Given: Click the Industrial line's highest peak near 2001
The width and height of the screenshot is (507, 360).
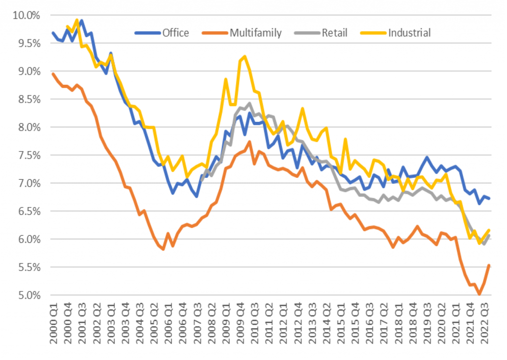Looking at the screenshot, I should click(77, 20).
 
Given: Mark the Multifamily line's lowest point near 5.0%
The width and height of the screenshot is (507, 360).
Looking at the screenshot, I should click(479, 295).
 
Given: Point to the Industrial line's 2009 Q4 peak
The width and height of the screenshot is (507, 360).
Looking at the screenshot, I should click(245, 56).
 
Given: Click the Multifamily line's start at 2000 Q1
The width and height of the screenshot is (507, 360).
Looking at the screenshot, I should click(53, 74).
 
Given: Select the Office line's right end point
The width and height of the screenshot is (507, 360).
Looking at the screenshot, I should click(489, 199).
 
